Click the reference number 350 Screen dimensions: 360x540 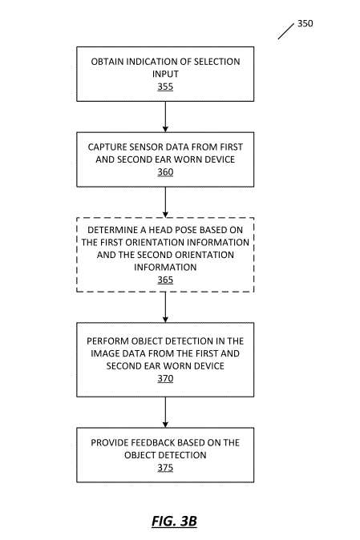pos(305,23)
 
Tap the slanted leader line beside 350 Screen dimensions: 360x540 pos(286,31)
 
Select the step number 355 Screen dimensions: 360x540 pos(165,87)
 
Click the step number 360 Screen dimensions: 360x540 pos(165,171)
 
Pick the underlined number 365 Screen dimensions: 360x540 pos(165,280)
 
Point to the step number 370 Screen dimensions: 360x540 pos(165,378)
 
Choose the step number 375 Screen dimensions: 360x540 pos(165,468)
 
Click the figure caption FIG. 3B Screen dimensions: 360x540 pos(174,521)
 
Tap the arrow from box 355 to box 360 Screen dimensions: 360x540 pos(165,117)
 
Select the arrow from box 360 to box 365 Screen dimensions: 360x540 pos(165,203)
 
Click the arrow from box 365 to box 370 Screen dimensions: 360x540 pos(165,308)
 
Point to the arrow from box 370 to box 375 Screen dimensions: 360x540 pos(165,413)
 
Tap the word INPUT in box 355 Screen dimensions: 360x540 pos(165,74)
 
